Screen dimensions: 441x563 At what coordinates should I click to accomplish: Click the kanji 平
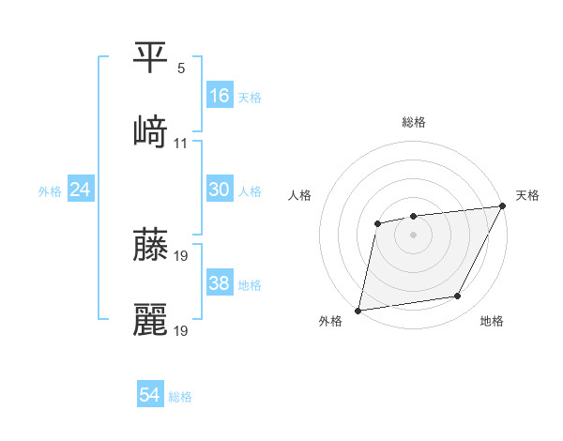click(x=150, y=57)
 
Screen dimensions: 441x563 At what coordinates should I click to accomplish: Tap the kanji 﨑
click(x=150, y=132)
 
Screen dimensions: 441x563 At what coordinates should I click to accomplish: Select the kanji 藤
click(x=150, y=244)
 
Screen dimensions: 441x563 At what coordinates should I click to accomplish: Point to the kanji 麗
click(x=150, y=319)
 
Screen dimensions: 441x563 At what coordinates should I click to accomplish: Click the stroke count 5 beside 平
click(x=181, y=68)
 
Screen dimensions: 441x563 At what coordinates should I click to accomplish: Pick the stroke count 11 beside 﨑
click(x=181, y=144)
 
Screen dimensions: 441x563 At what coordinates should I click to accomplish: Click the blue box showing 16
click(x=220, y=95)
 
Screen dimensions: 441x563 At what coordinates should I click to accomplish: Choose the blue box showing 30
click(x=220, y=190)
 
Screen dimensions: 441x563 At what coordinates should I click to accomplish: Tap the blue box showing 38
click(x=220, y=283)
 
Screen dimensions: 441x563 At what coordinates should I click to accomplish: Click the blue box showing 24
click(x=81, y=190)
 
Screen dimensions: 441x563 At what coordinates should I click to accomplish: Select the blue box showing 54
click(x=150, y=395)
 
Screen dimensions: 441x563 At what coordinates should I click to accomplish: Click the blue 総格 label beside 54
click(x=181, y=397)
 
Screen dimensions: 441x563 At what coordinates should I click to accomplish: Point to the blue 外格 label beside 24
click(x=50, y=191)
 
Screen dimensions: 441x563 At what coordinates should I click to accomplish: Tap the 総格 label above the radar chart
click(x=413, y=122)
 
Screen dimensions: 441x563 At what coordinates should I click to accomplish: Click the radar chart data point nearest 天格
click(x=504, y=207)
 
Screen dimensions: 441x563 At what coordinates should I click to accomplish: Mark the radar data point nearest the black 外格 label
click(x=358, y=310)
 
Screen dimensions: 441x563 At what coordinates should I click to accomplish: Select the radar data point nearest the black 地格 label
click(x=458, y=297)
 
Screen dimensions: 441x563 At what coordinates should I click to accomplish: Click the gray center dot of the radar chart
click(x=413, y=234)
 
